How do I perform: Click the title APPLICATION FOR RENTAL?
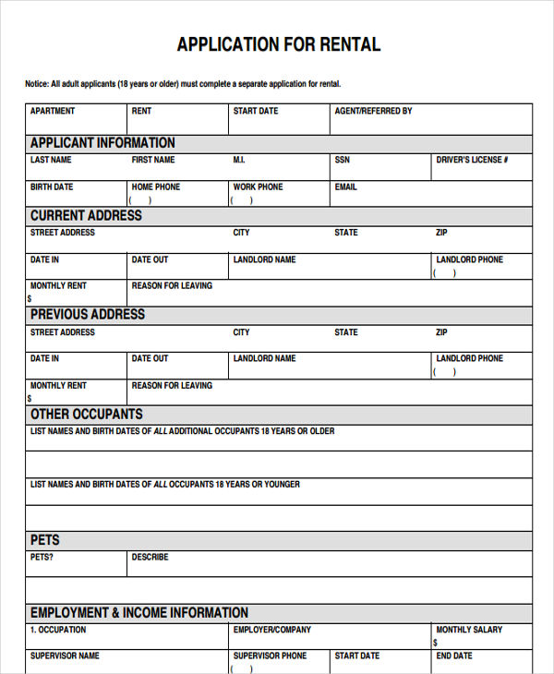point(278,44)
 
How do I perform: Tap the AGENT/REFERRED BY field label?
point(373,111)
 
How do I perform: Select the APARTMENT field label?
point(53,111)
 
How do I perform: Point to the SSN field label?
point(343,160)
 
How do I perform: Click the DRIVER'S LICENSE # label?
point(472,160)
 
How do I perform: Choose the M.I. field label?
point(239,160)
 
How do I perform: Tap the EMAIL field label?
point(345,187)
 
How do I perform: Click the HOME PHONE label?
point(156,187)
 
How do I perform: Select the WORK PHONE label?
point(258,187)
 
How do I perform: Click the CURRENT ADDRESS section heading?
point(86,215)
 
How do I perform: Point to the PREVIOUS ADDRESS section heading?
point(88,314)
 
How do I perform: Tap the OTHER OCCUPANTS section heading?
point(86,414)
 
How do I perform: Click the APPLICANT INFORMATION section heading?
point(102,142)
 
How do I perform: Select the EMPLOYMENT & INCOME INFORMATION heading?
point(139,612)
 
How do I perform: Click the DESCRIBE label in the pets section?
point(150,558)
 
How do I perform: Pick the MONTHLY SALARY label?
point(469,630)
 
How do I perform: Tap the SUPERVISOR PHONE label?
point(270,656)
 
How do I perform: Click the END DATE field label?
point(454,656)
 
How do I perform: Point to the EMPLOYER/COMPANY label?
point(272,630)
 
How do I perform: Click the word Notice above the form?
point(37,84)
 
